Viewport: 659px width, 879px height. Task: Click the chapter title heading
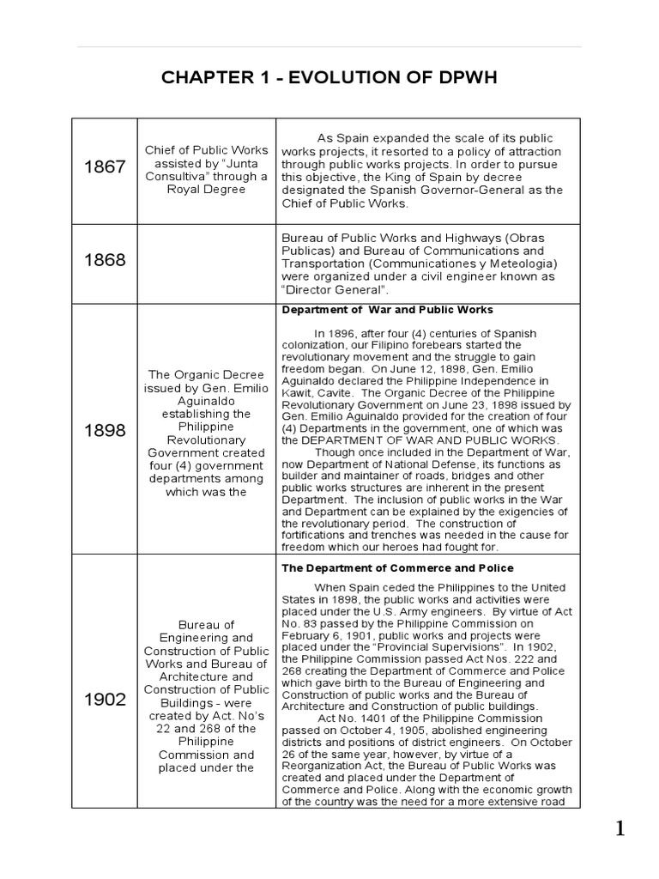pos(329,79)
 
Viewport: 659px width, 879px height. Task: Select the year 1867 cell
pos(104,167)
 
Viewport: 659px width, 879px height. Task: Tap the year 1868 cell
pos(104,260)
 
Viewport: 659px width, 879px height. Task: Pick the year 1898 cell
pos(104,429)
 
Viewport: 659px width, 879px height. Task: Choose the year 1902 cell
pos(104,699)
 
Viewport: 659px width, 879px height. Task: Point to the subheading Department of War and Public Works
pos(387,310)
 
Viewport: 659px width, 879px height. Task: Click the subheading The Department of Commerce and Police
pos(397,568)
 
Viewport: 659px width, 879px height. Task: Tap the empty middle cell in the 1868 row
pos(206,261)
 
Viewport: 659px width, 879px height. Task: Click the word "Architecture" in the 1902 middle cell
pos(206,676)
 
